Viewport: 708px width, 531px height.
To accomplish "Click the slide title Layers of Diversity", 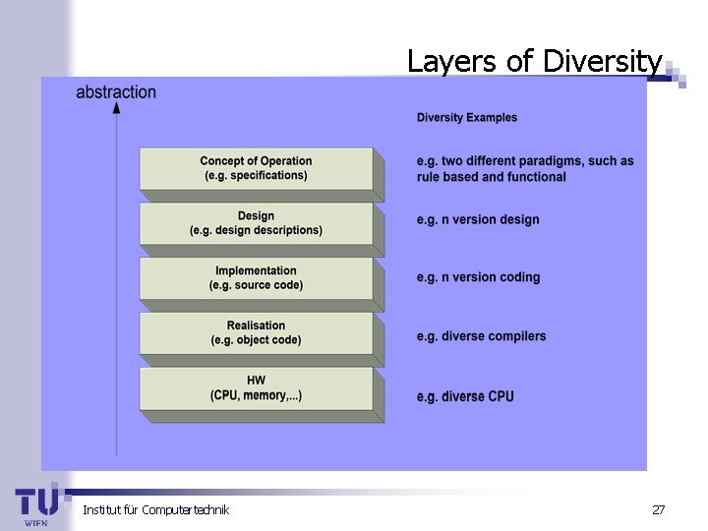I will coord(535,61).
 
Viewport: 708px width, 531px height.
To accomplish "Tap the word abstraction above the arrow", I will coord(116,92).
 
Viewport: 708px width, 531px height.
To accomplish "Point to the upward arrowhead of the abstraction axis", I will coord(117,107).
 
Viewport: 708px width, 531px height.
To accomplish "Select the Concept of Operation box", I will coord(256,168).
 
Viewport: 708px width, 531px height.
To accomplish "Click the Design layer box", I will coord(256,223).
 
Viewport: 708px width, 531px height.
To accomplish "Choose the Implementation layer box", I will coord(256,278).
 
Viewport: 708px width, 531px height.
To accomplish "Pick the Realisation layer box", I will coord(256,333).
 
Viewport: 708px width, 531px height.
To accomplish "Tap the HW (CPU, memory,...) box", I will coord(256,388).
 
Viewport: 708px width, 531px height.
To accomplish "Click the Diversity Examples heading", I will coord(467,118).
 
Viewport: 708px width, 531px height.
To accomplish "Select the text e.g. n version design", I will coord(478,220).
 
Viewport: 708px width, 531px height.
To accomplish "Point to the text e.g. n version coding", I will coord(478,277).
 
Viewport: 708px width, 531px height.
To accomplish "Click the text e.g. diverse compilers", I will coord(481,336).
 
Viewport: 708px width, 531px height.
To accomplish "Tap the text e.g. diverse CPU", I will coord(465,396).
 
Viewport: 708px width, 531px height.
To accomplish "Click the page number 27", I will coord(658,509).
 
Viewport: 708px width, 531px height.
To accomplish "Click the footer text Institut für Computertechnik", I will coord(155,509).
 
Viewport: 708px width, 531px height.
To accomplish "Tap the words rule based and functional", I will coord(492,177).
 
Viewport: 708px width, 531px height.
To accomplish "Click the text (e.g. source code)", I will coord(256,285).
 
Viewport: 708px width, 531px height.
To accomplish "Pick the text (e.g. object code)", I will coord(256,340).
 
